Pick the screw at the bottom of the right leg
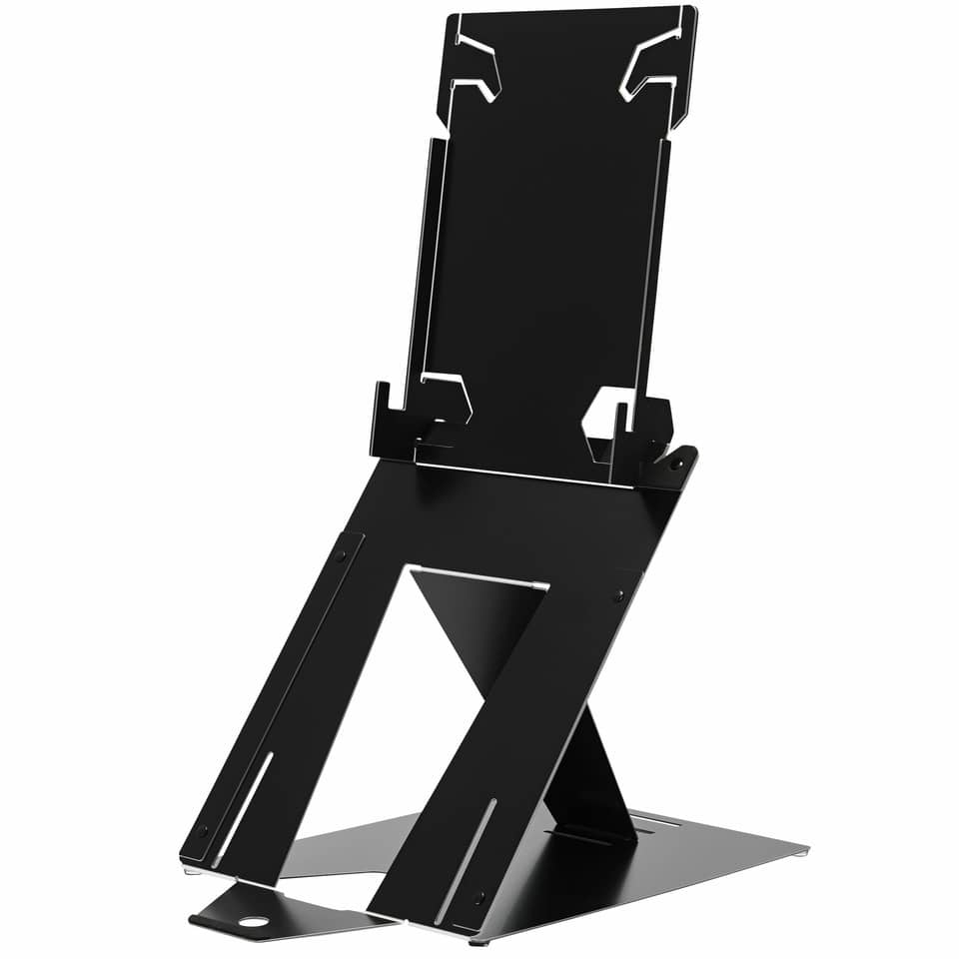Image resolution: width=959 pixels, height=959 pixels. pyautogui.click(x=479, y=897)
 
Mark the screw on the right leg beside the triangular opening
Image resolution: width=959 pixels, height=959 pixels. pyautogui.click(x=618, y=595)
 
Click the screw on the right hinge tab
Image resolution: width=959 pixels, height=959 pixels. pyautogui.click(x=677, y=465)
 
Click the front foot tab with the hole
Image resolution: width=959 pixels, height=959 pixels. pyautogui.click(x=240, y=914)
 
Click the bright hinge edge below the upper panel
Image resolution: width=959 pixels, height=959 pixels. pyautogui.click(x=529, y=474)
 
